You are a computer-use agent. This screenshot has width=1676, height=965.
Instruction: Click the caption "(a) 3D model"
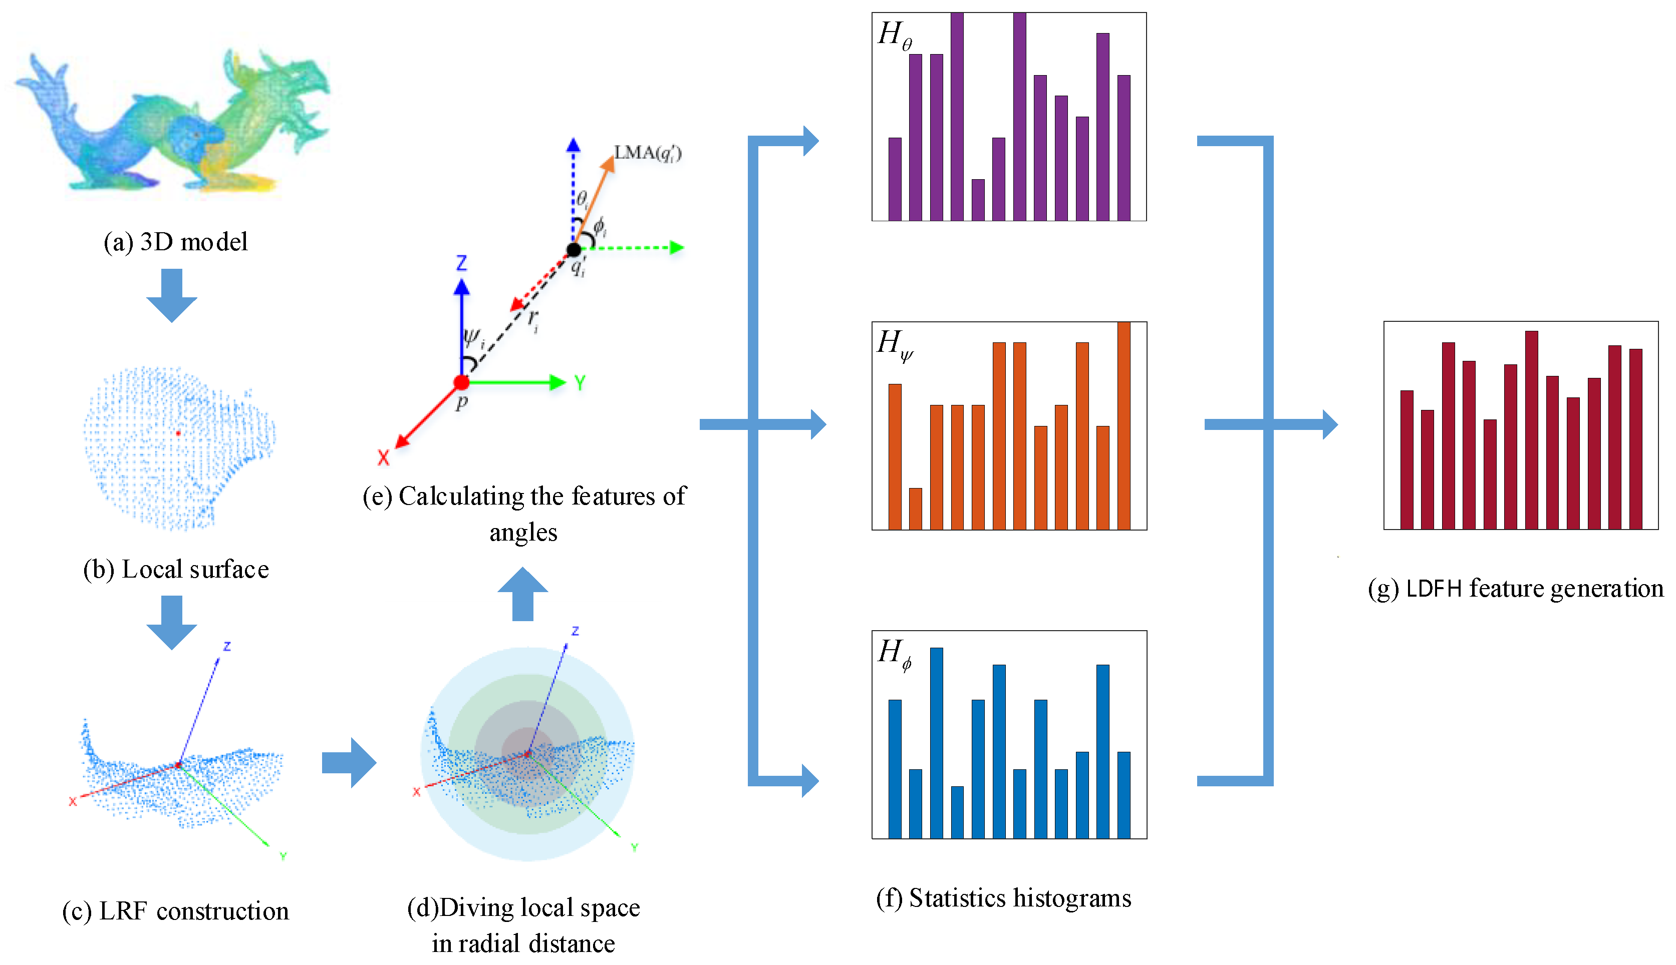[176, 242]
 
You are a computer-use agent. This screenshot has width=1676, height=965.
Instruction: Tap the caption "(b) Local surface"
[176, 569]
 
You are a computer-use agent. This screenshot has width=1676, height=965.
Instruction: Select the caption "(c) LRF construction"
[176, 911]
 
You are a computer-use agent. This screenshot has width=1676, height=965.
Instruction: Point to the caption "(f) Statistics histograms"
[1003, 898]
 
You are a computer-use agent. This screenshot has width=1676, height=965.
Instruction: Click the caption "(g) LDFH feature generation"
[1516, 589]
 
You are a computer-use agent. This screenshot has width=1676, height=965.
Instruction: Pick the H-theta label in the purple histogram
[895, 35]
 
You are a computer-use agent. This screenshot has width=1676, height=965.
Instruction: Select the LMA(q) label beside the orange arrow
[647, 153]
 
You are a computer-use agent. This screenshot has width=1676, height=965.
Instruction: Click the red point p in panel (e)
[462, 382]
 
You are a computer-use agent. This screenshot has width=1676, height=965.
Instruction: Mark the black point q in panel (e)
[574, 250]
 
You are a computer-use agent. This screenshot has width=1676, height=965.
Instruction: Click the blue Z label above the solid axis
[462, 263]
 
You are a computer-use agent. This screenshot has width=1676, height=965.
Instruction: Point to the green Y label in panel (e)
[580, 383]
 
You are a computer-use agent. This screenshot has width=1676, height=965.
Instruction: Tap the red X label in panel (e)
[383, 457]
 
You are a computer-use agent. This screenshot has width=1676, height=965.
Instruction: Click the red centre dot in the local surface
[178, 433]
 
